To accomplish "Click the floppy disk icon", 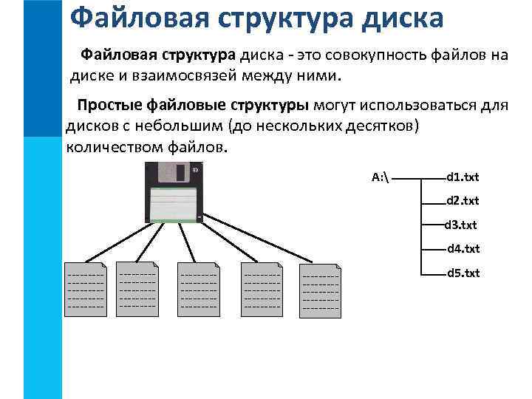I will click(174, 193).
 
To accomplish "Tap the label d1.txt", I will click(463, 177).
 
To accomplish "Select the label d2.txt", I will click(463, 200).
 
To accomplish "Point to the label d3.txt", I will click(461, 225).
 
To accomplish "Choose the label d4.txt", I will click(463, 249).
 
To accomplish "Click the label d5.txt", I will click(463, 273).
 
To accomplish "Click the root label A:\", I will click(381, 177).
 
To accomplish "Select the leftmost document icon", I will click(86, 290).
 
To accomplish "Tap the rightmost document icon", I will click(320, 291).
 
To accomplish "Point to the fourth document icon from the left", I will click(262, 290).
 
